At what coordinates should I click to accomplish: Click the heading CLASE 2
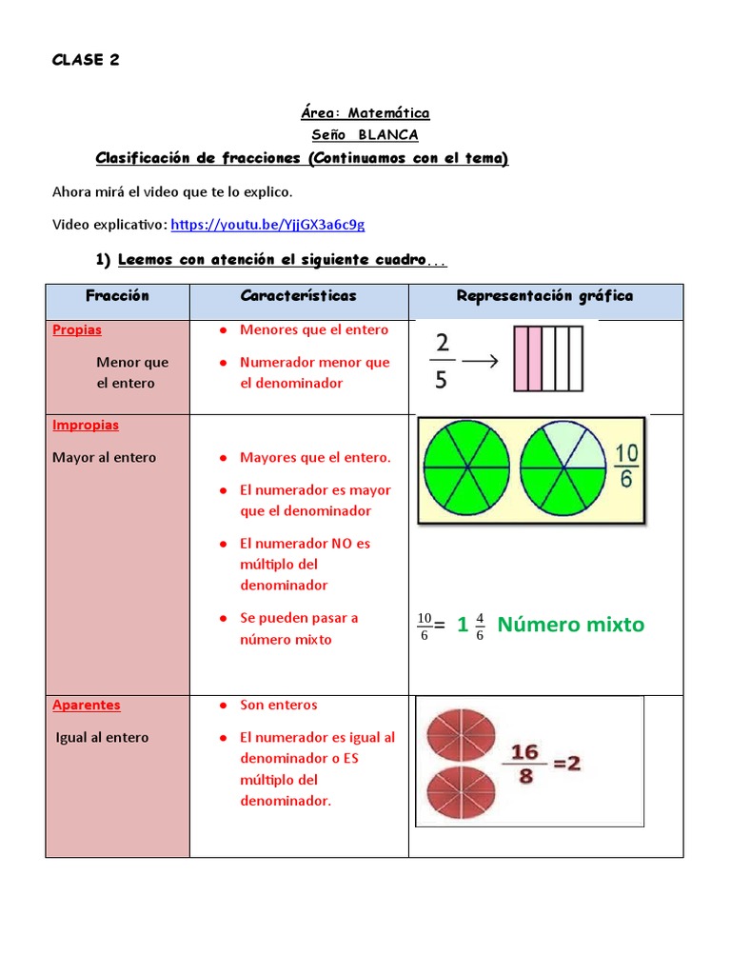click(86, 60)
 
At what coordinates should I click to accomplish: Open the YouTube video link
click(267, 225)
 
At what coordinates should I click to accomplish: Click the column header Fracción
click(117, 296)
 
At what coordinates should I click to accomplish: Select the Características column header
click(298, 296)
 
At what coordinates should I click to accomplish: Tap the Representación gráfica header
click(544, 296)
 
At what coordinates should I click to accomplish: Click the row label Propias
click(77, 329)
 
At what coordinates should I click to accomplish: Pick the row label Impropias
click(86, 425)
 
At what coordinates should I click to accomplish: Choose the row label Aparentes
click(87, 705)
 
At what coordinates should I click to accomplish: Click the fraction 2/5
click(442, 360)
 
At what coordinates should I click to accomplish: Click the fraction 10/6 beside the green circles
click(625, 466)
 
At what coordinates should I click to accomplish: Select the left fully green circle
click(465, 468)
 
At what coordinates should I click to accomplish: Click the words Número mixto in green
click(570, 625)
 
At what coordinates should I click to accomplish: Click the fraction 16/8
click(524, 764)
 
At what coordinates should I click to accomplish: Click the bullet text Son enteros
click(278, 705)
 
